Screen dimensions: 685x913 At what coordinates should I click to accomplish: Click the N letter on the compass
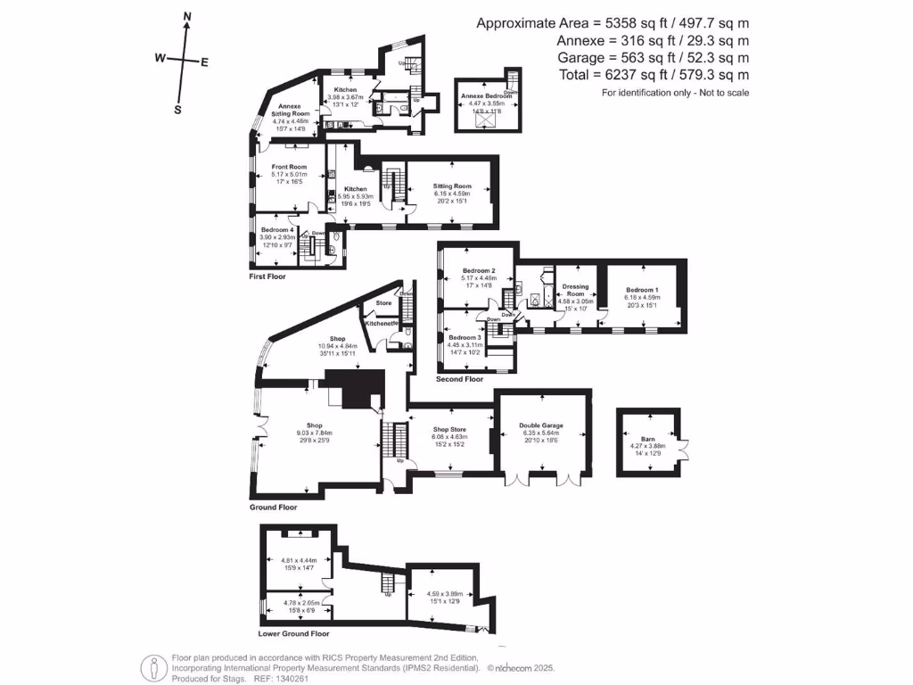[x=186, y=16]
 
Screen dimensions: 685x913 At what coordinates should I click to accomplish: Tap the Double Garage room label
[x=541, y=426]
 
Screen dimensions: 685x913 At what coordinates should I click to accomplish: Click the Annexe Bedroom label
[x=485, y=95]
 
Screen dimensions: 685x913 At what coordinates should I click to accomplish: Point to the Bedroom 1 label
[x=642, y=290]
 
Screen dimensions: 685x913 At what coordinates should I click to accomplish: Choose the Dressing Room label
[x=575, y=290]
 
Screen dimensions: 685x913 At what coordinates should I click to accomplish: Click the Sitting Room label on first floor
[x=452, y=186]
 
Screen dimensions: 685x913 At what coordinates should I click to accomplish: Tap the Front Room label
[x=290, y=167]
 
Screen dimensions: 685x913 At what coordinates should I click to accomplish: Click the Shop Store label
[x=450, y=430]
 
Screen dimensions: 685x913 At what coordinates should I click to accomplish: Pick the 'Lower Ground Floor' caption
[x=293, y=634]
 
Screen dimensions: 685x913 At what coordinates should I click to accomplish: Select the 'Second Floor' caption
[x=459, y=379]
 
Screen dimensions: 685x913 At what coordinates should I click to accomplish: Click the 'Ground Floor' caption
[x=273, y=507]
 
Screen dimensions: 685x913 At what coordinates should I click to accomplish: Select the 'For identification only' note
[x=675, y=93]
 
